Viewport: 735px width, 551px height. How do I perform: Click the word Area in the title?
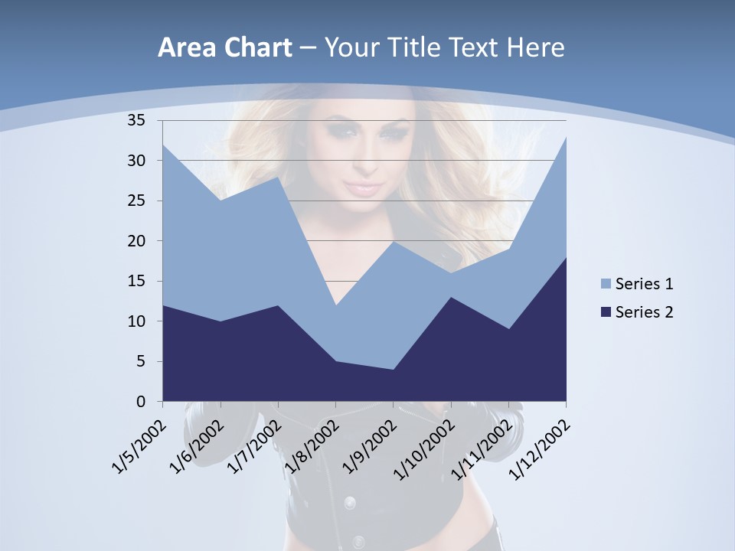coord(185,48)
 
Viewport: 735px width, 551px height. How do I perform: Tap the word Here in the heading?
coord(533,48)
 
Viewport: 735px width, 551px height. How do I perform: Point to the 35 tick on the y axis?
coord(136,120)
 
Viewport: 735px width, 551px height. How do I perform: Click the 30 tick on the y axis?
coord(136,161)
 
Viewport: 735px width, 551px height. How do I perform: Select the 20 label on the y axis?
coord(136,241)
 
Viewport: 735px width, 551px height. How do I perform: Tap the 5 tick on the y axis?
coord(140,361)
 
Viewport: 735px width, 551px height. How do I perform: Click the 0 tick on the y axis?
coord(140,402)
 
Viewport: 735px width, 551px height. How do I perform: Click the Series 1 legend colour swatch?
coord(606,285)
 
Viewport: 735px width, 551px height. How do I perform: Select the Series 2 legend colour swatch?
coord(606,312)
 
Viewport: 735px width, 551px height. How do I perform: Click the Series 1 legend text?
coord(644,285)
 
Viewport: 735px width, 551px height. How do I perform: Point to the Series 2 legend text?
coord(644,312)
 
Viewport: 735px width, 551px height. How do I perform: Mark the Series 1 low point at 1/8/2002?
coord(335,305)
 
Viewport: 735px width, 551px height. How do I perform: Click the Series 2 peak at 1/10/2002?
coord(451,297)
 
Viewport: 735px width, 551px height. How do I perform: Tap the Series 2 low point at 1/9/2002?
coord(394,370)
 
